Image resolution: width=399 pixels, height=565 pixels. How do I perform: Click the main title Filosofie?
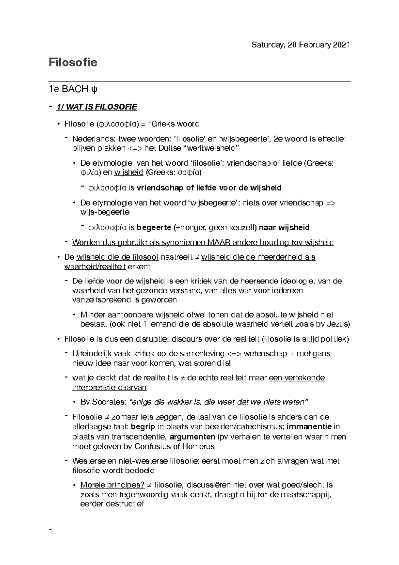(73, 63)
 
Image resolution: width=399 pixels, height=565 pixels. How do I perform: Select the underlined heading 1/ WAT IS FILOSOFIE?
(96, 107)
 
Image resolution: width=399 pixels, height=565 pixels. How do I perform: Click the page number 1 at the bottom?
(51, 531)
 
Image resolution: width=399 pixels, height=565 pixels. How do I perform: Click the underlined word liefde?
(292, 163)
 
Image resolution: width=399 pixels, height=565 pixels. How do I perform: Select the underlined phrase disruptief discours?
(169, 339)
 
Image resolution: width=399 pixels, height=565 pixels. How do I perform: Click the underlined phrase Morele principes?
(112, 485)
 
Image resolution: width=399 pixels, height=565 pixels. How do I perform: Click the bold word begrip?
(143, 427)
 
